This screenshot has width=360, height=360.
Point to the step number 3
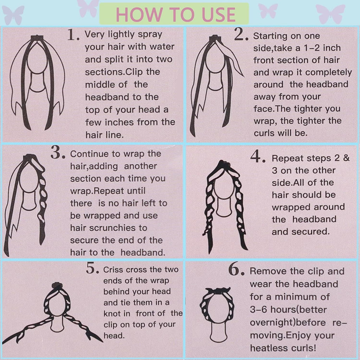[x=58, y=153]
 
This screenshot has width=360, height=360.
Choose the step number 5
[x=92, y=268]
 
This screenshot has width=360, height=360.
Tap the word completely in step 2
[x=329, y=72]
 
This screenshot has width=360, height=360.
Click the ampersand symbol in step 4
[x=346, y=158]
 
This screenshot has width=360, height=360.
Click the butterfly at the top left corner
[x=13, y=15]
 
